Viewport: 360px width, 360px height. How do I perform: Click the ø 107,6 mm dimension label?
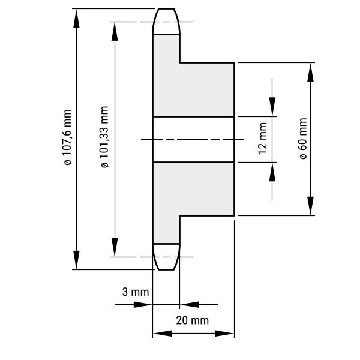(x=68, y=137)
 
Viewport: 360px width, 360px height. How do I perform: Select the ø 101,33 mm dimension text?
(x=104, y=137)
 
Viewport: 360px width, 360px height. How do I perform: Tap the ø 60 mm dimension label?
(x=304, y=139)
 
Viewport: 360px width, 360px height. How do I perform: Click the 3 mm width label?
(x=136, y=292)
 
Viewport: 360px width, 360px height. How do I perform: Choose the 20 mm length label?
(x=193, y=320)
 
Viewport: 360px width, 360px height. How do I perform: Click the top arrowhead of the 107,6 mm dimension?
(x=76, y=19)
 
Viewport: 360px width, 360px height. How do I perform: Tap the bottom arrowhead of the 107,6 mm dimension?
(x=76, y=260)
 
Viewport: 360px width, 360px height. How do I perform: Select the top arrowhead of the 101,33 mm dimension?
(x=115, y=31)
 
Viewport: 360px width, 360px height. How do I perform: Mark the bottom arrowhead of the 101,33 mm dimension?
(x=115, y=247)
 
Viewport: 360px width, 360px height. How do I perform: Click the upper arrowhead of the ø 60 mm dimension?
(x=310, y=73)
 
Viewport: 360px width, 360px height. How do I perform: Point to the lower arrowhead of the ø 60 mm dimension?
(x=310, y=206)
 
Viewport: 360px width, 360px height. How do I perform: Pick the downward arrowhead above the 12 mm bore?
(x=272, y=107)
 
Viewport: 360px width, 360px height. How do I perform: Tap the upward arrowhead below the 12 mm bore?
(x=272, y=172)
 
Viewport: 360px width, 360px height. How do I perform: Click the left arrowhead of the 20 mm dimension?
(x=163, y=334)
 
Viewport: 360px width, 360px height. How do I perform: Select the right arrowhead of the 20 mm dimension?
(x=224, y=334)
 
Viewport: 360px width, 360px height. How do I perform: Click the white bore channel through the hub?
(x=194, y=139)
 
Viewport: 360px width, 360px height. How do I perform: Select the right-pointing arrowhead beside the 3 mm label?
(x=143, y=305)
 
